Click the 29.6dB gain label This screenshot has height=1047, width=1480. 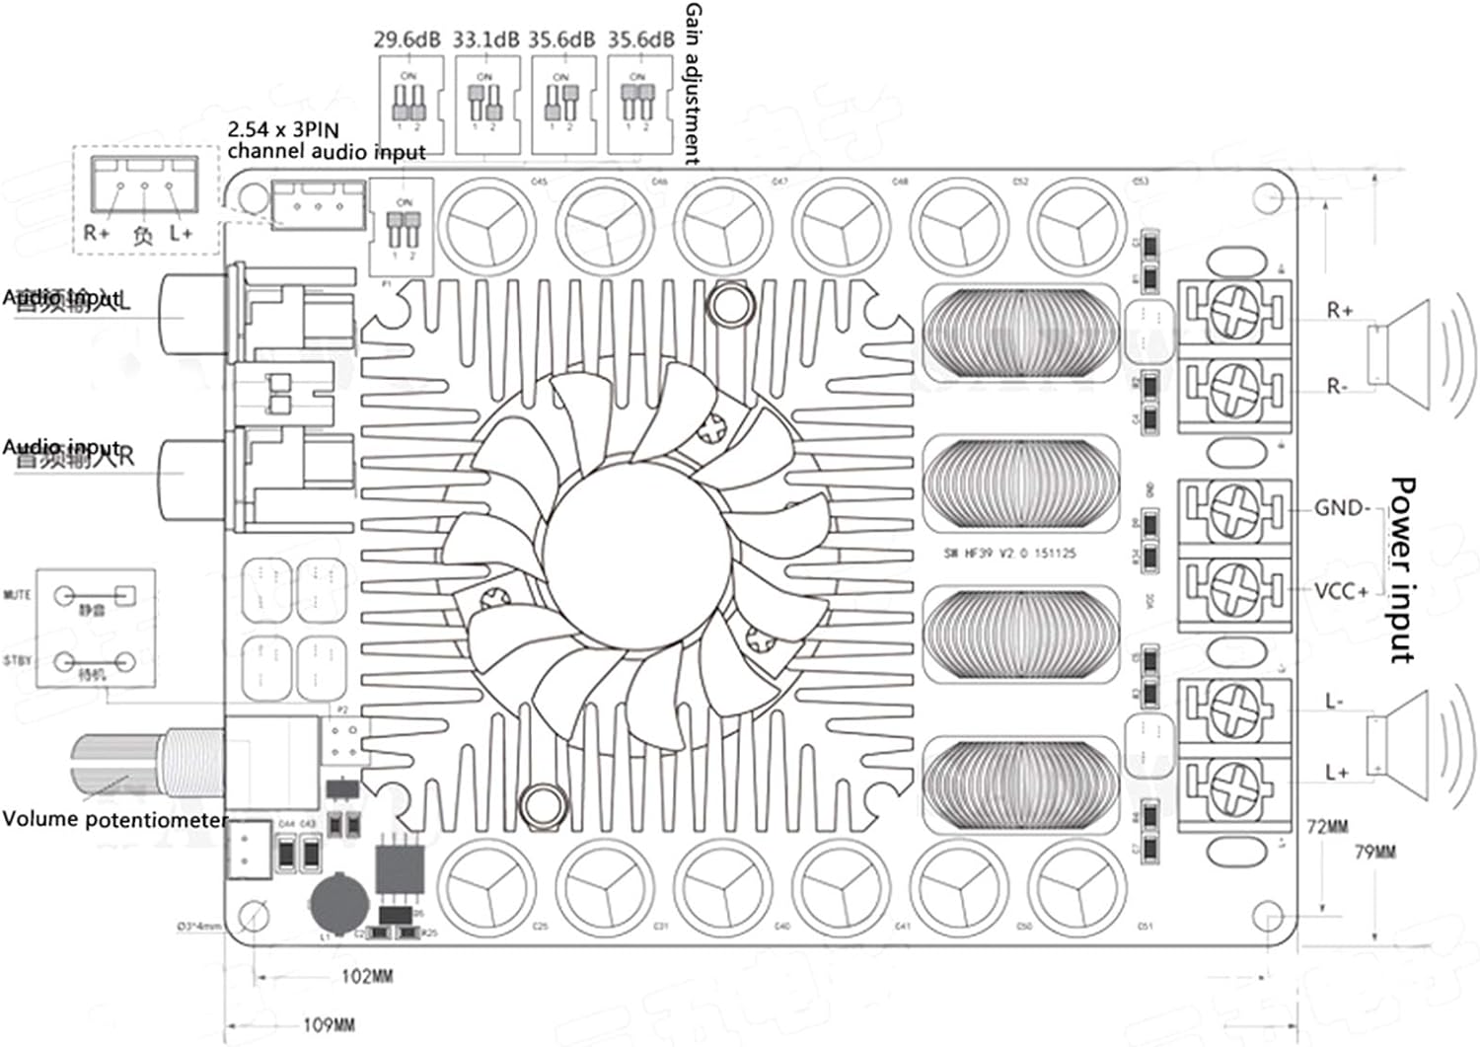(x=406, y=40)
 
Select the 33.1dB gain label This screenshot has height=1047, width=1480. (x=485, y=40)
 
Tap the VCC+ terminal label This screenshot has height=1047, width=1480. (x=1342, y=591)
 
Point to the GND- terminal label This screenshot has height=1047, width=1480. (x=1342, y=508)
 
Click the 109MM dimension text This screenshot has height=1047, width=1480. (x=329, y=1025)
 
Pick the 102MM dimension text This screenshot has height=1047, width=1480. (x=367, y=976)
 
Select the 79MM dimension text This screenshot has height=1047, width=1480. (x=1374, y=852)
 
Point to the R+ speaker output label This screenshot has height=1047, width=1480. (x=1339, y=311)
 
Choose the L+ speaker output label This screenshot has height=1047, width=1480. (x=1337, y=772)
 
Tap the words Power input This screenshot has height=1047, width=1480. (x=1402, y=569)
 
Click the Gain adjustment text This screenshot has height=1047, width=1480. (x=693, y=83)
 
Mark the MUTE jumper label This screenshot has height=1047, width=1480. (x=18, y=595)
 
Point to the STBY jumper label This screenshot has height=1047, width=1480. (x=18, y=661)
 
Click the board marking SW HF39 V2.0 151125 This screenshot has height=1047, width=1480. (x=1009, y=554)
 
